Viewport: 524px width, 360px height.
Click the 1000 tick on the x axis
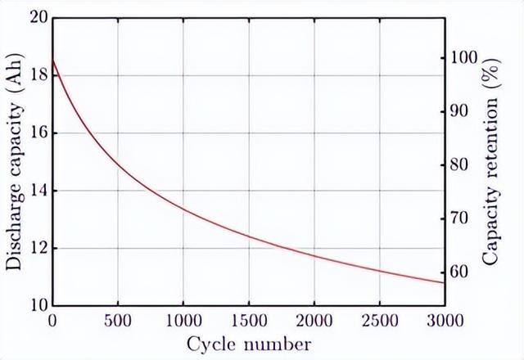183,319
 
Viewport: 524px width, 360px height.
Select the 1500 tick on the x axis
248,319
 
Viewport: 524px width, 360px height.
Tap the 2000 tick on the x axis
314,319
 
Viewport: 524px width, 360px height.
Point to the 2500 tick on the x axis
379,319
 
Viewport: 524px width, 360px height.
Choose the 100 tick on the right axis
460,59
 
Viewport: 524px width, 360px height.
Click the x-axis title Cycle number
249,344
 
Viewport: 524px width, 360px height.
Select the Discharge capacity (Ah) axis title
14,161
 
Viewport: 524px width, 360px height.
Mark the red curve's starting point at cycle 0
52,59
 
